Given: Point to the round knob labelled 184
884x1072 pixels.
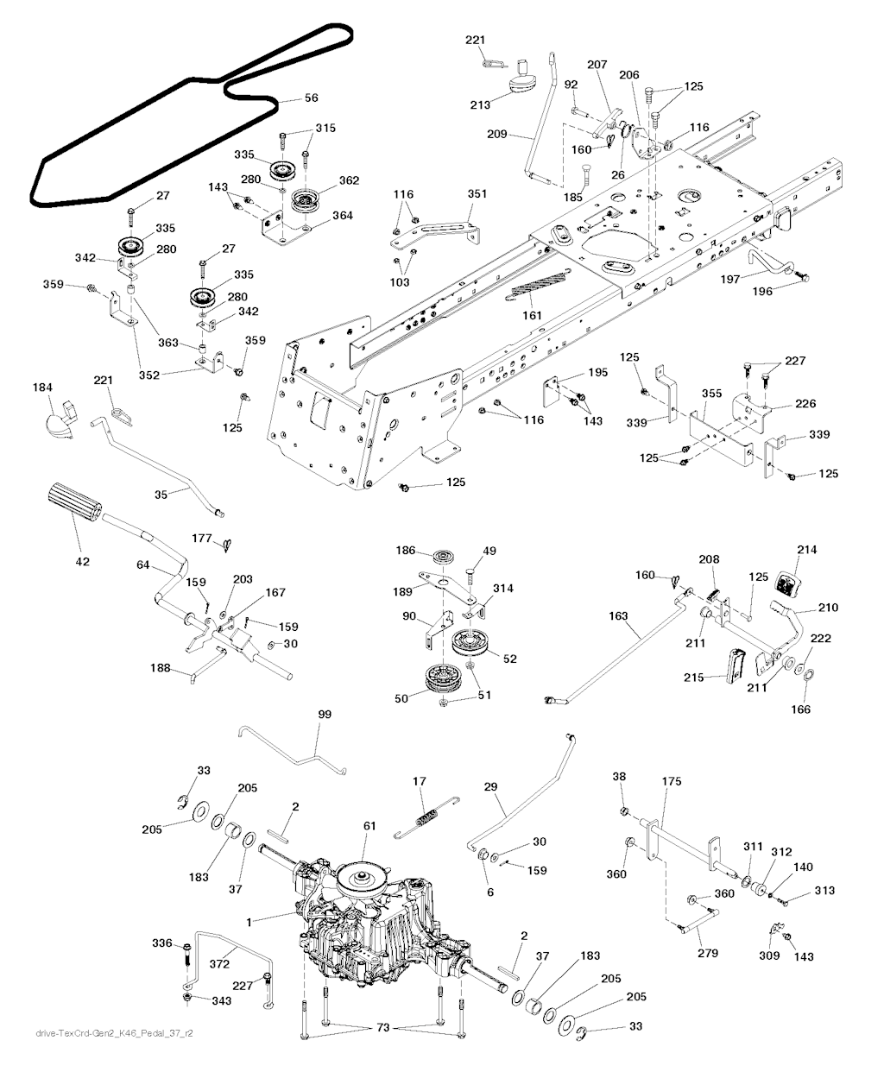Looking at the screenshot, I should (x=59, y=423).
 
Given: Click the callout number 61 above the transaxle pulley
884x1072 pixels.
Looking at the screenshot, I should (x=369, y=827).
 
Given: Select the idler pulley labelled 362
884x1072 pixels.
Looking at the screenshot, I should (x=304, y=201).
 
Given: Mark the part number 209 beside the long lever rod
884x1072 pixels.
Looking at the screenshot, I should (x=497, y=135).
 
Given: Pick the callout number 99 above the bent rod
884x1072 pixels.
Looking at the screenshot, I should (x=325, y=715).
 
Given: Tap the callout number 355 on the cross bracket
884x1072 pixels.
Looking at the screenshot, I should (x=711, y=394).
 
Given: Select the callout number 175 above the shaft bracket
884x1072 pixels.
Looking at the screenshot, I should (x=672, y=781).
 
